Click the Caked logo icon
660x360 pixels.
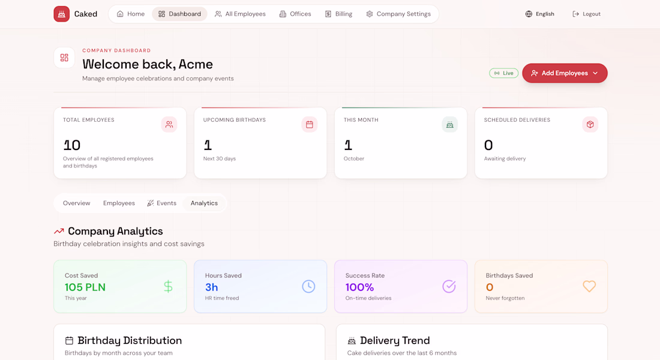61,14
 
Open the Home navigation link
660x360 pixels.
130,14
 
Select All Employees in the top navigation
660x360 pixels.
241,14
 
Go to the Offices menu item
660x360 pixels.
295,14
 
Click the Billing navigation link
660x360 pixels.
338,14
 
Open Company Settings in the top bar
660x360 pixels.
398,14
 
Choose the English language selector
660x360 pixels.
539,14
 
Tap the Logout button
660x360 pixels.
586,14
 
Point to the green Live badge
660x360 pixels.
503,73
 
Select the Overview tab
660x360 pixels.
77,203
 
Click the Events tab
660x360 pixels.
161,203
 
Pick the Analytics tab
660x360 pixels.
204,203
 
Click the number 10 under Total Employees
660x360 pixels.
72,145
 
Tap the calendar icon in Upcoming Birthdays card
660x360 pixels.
310,125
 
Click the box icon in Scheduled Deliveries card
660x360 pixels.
590,125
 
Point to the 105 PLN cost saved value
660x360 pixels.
85,287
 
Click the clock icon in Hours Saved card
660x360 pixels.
308,286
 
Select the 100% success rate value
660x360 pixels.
359,287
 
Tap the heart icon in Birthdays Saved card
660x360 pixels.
589,286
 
